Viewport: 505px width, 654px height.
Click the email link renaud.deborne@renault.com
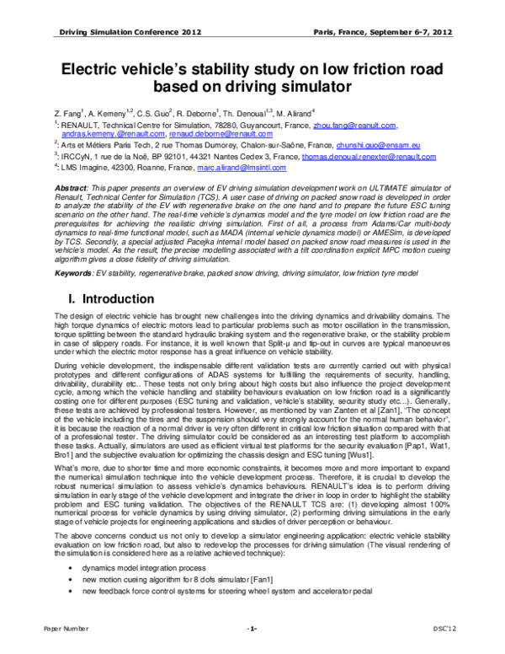[221, 133]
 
